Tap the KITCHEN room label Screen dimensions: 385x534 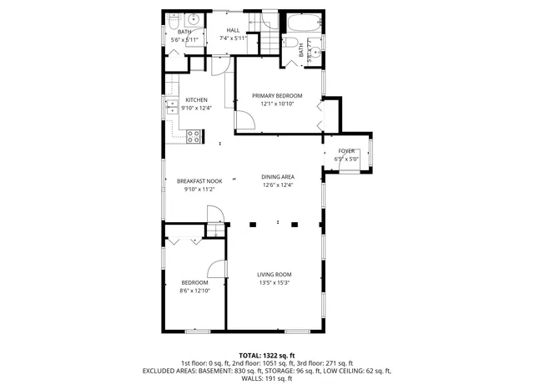pos(196,100)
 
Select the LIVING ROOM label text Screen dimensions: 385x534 pos(274,274)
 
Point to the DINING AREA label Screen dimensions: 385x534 pos(277,177)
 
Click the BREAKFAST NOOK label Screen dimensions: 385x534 pos(199,181)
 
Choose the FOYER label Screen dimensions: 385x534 pos(345,151)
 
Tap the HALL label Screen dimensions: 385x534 pos(234,30)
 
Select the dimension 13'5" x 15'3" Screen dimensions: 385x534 pos(274,282)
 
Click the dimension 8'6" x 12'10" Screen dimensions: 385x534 pos(194,291)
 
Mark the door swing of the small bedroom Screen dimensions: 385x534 pos(217,269)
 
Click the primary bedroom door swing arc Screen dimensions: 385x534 pos(244,123)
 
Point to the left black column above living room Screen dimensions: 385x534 pos(252,224)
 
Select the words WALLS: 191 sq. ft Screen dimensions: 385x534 pos(267,378)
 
